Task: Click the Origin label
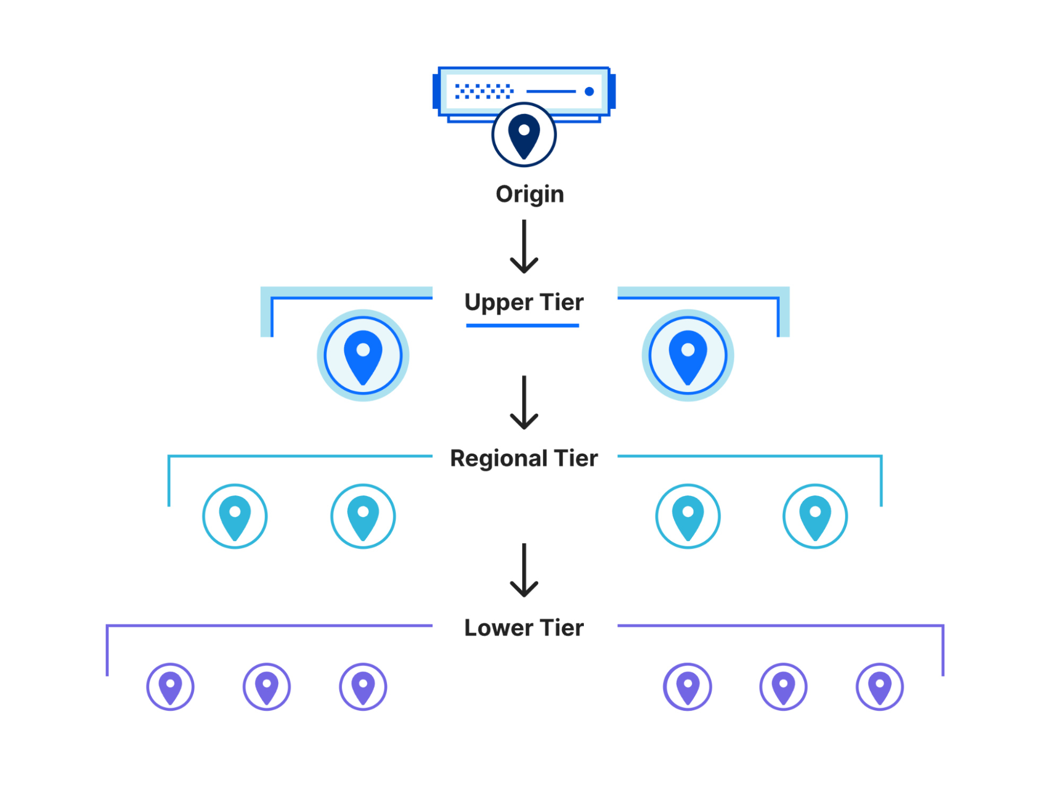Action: point(529,194)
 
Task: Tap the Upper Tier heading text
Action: point(523,302)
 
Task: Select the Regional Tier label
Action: point(523,458)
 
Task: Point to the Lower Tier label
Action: point(523,628)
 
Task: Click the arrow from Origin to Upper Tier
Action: point(524,247)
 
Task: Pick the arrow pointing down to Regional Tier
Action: point(524,403)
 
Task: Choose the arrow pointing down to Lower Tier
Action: point(524,570)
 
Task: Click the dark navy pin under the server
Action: point(524,135)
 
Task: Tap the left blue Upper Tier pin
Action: point(363,355)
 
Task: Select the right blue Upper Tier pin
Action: point(687,355)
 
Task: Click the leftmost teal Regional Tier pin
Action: point(235,516)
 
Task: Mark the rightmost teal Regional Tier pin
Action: point(815,516)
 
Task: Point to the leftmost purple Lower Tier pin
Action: point(170,687)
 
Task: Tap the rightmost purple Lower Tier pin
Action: point(879,687)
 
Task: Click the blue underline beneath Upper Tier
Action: point(522,326)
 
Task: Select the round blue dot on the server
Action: point(589,92)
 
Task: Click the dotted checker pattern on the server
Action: point(484,91)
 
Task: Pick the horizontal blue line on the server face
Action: point(551,92)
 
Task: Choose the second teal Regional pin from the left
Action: point(363,516)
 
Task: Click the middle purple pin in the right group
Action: point(783,687)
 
